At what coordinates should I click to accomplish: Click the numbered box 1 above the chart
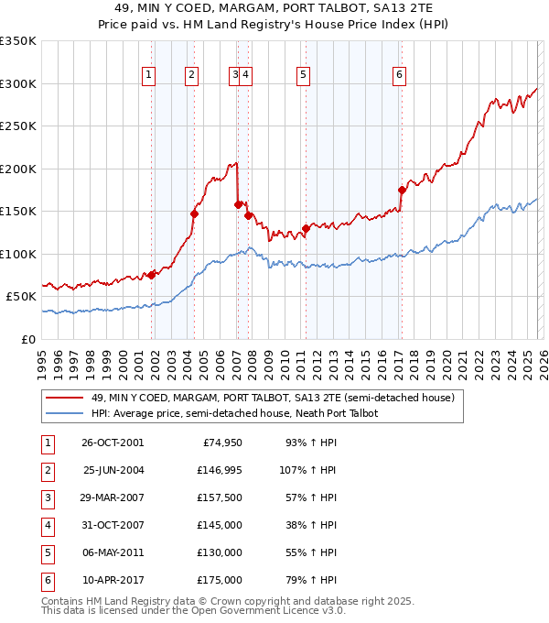148,75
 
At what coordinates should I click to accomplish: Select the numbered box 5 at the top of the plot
303,75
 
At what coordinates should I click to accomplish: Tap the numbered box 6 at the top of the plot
400,75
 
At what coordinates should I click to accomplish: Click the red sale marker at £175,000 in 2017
402,191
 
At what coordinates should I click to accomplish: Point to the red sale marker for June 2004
194,213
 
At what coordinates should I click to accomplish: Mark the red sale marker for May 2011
306,229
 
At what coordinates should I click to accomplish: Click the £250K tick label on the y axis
18,126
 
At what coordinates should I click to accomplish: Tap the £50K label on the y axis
21,297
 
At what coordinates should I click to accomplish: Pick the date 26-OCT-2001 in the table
113,443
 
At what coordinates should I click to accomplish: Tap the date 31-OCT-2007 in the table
113,526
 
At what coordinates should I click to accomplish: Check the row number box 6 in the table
47,581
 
